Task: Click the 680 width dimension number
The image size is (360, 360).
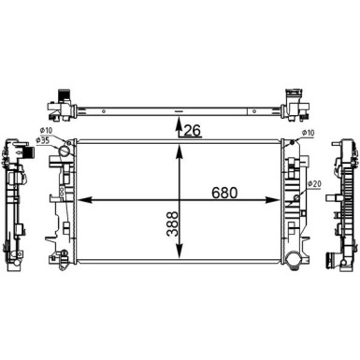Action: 224,193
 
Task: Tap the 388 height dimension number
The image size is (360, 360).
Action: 172,223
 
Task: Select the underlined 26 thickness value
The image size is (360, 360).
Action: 192,131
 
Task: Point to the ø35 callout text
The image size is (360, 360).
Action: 42,140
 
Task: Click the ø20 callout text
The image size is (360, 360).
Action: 314,184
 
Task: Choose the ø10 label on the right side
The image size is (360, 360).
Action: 308,133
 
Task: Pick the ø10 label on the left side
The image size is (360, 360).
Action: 46,130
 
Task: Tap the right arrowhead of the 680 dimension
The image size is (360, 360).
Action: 273,200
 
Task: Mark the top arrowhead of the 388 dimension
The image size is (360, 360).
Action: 180,152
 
